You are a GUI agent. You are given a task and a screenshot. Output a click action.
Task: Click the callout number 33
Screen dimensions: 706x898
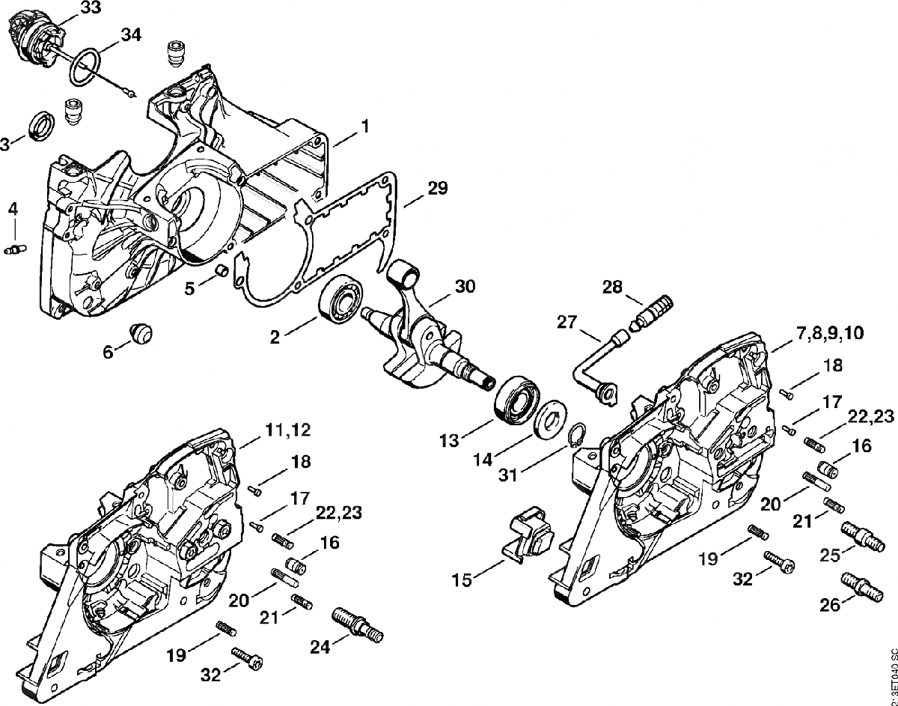[90, 8]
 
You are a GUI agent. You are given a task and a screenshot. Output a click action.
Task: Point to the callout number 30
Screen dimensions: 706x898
[465, 286]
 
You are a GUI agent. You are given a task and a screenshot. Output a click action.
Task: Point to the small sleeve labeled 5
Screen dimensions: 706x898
[221, 268]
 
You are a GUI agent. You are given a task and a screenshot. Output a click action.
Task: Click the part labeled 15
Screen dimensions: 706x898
[529, 533]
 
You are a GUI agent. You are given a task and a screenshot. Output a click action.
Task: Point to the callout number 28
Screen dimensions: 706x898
[613, 287]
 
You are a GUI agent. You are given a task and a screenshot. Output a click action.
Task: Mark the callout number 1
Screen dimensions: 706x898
[364, 127]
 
